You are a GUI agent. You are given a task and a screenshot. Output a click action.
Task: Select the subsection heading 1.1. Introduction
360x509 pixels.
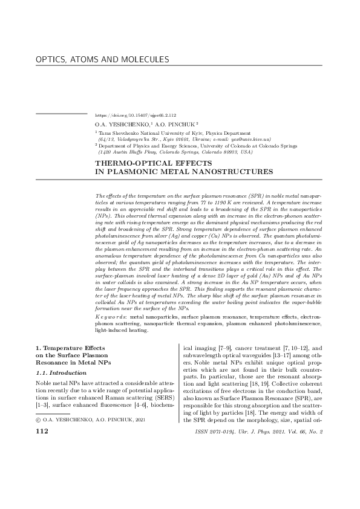(x=61, y=374)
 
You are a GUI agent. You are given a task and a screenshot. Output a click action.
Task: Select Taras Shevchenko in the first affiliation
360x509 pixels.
(x=118, y=132)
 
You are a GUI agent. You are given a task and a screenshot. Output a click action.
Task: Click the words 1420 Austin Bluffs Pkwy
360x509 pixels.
(x=125, y=152)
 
